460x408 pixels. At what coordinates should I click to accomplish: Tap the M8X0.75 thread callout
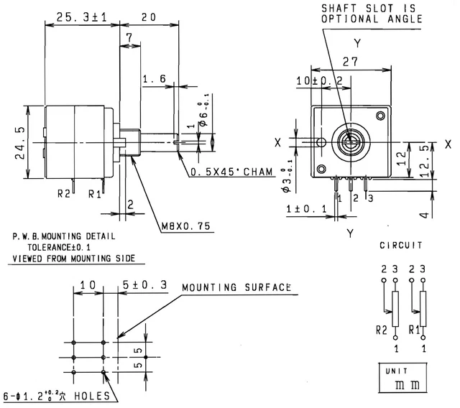185,226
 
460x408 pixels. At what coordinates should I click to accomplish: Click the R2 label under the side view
63,193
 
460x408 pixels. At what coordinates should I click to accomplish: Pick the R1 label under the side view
93,193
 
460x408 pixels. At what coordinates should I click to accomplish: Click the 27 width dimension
350,62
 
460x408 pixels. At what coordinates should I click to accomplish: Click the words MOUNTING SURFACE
236,287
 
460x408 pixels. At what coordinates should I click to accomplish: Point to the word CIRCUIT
400,246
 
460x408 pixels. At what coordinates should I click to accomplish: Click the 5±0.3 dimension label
144,285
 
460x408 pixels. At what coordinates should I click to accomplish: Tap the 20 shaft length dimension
149,17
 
